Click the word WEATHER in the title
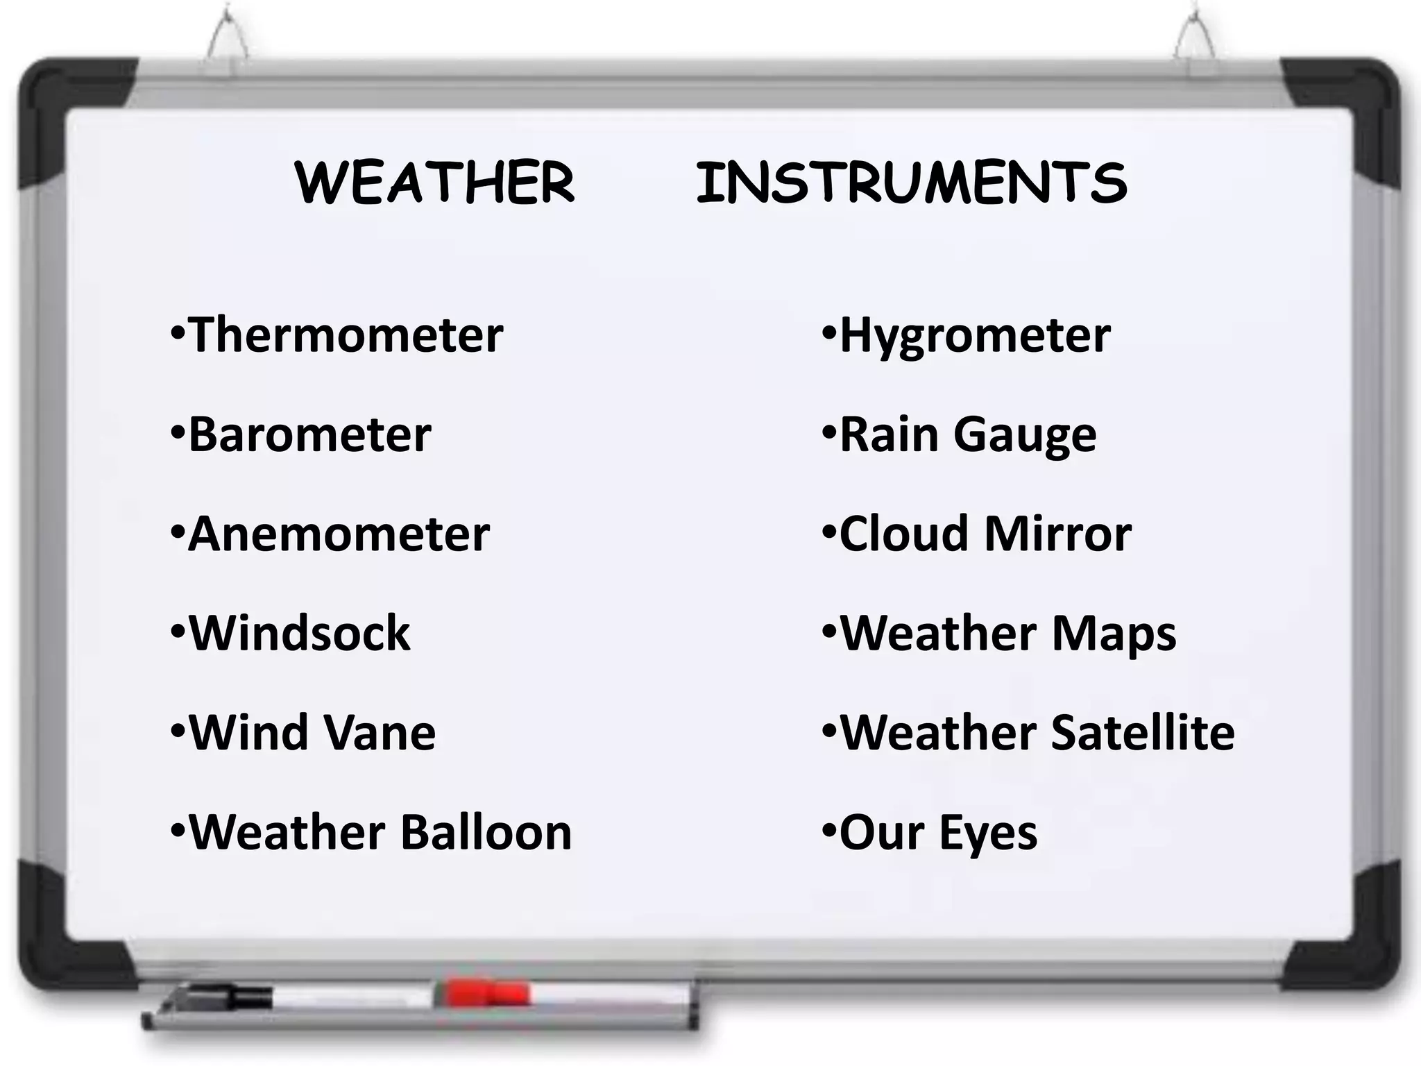(x=435, y=183)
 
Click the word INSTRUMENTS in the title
(x=911, y=183)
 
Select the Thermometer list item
(x=346, y=335)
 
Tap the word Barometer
(x=309, y=435)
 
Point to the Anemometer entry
(x=339, y=534)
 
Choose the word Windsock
(x=300, y=634)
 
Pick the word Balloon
(x=486, y=832)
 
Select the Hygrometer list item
(x=975, y=336)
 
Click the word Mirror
(x=1057, y=534)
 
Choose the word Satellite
(x=1143, y=733)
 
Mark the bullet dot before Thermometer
(x=177, y=332)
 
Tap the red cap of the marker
(x=486, y=992)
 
